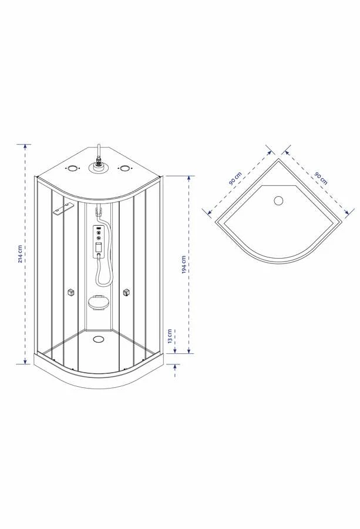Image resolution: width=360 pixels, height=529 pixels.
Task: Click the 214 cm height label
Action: (21, 254)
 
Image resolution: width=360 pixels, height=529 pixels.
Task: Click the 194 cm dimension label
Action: (184, 264)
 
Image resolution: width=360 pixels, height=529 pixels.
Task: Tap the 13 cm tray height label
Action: (170, 336)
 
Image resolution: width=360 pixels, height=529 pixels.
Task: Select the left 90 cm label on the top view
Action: (235, 178)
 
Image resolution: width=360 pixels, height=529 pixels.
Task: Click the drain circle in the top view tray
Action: (278, 201)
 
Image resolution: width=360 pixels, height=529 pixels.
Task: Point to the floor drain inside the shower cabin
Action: (99, 339)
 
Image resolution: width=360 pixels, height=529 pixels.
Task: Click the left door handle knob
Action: (71, 293)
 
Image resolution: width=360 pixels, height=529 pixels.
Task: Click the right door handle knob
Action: (126, 293)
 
